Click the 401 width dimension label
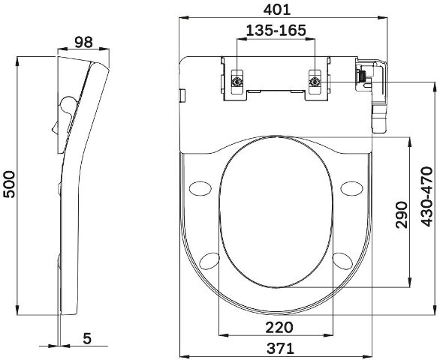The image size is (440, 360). (x=276, y=10)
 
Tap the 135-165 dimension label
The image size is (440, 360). (x=276, y=30)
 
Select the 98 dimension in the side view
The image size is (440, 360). (x=83, y=42)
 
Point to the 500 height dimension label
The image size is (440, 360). (x=9, y=184)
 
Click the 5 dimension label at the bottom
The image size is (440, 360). (x=87, y=338)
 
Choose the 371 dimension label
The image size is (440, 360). (x=280, y=349)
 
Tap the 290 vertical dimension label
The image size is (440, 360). (x=401, y=214)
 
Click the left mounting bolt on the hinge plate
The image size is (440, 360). (x=237, y=82)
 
